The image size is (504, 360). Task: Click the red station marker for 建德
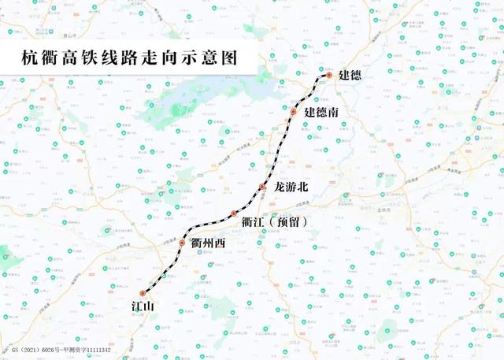pyautogui.click(x=328, y=76)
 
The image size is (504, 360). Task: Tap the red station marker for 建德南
pyautogui.click(x=293, y=113)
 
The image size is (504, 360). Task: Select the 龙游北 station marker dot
pyautogui.click(x=262, y=187)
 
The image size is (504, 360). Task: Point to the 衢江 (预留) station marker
pyautogui.click(x=234, y=214)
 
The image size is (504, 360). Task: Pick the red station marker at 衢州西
pyautogui.click(x=182, y=243)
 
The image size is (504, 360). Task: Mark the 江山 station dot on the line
pyautogui.click(x=143, y=293)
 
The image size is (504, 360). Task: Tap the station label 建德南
pyautogui.click(x=322, y=113)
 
